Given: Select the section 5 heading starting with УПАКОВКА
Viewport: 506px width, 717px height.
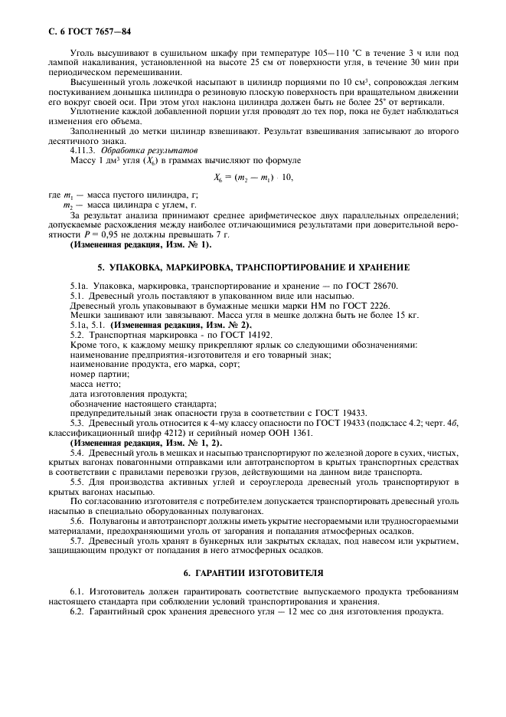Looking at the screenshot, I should click(x=253, y=267).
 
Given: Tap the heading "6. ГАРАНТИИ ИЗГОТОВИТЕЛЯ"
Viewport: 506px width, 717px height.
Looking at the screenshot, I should click(x=253, y=573).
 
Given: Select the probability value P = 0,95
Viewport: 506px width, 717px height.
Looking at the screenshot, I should click(x=85, y=234).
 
